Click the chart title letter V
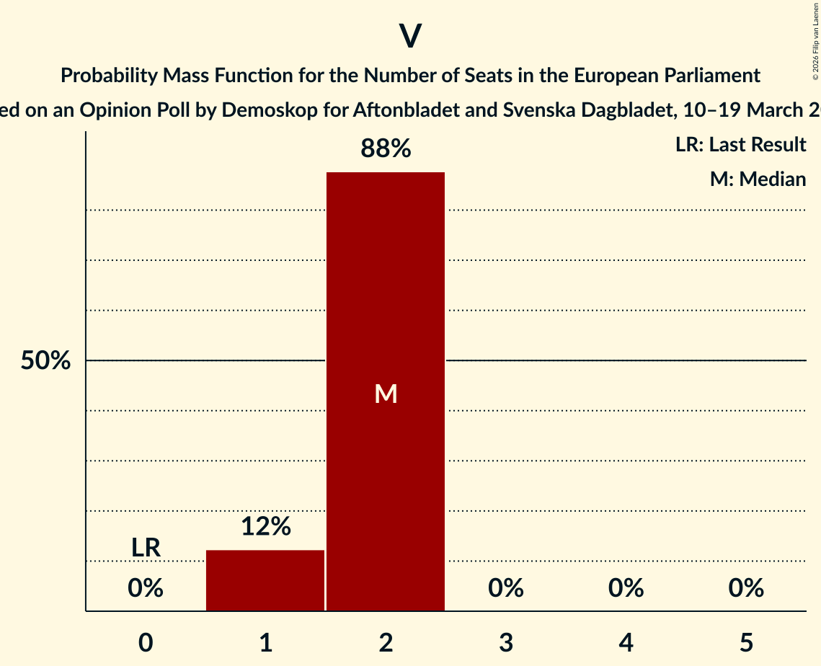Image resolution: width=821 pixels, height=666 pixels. pyautogui.click(x=410, y=36)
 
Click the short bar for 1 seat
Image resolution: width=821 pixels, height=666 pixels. pyautogui.click(x=265, y=580)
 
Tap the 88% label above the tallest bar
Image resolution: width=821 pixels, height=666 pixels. pyautogui.click(x=386, y=149)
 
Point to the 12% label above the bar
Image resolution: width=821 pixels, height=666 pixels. pyautogui.click(x=265, y=527)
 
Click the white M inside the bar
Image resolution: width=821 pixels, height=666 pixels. pyautogui.click(x=386, y=394)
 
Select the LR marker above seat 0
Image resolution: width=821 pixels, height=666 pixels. pyautogui.click(x=146, y=548)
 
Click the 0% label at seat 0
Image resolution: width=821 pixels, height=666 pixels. pyautogui.click(x=146, y=589)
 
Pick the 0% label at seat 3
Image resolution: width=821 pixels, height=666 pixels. pyautogui.click(x=506, y=589)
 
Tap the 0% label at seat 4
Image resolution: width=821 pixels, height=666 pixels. pyautogui.click(x=626, y=589)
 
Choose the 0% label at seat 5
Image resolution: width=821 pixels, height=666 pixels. pyautogui.click(x=746, y=589)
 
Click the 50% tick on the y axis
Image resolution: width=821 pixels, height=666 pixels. pyautogui.click(x=45, y=361)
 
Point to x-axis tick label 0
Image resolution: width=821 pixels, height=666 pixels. pyautogui.click(x=146, y=643)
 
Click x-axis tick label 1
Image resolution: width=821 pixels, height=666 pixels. pyautogui.click(x=265, y=643)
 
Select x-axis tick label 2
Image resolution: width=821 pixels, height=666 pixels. pyautogui.click(x=386, y=643)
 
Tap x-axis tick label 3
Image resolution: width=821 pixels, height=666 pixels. pyautogui.click(x=506, y=643)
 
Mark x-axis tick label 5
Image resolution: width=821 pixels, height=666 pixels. pyautogui.click(x=746, y=643)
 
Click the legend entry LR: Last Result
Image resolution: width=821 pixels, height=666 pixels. pyautogui.click(x=740, y=145)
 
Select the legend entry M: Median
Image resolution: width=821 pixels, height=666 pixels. pyautogui.click(x=758, y=179)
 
